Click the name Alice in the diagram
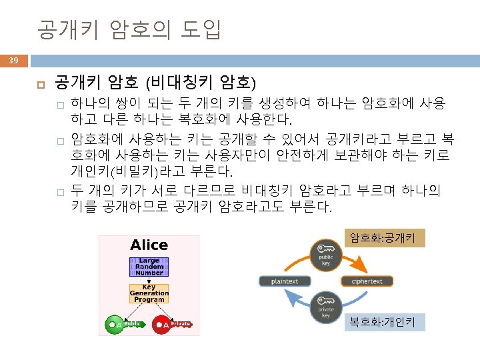[149, 245]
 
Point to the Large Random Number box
[149, 266]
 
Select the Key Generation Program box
[149, 293]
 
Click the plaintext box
[285, 281]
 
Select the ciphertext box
[367, 281]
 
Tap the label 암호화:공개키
[383, 238]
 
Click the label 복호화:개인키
[383, 323]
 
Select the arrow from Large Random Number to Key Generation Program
[149, 280]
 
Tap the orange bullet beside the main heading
[39, 84]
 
